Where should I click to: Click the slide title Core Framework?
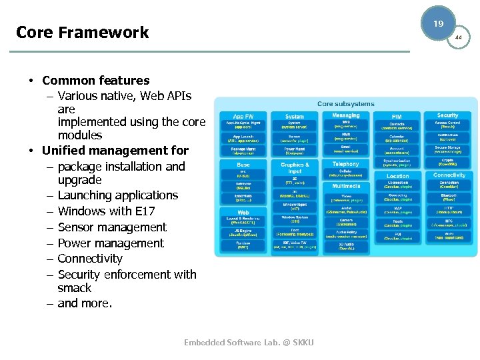click(82, 32)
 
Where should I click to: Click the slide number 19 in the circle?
click(438, 23)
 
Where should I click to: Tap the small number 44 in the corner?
click(459, 38)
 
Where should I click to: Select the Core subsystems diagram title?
click(345, 103)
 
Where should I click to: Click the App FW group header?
click(239, 116)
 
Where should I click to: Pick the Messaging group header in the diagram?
click(345, 115)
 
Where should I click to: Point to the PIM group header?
click(397, 116)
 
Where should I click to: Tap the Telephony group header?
click(345, 163)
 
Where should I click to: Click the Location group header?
click(397, 176)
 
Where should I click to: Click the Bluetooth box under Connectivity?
click(449, 197)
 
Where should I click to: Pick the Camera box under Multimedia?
click(345, 221)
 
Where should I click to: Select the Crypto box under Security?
click(449, 162)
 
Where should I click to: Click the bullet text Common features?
click(95, 81)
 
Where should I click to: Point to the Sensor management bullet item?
click(112, 227)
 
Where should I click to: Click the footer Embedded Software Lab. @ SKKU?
click(249, 343)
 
